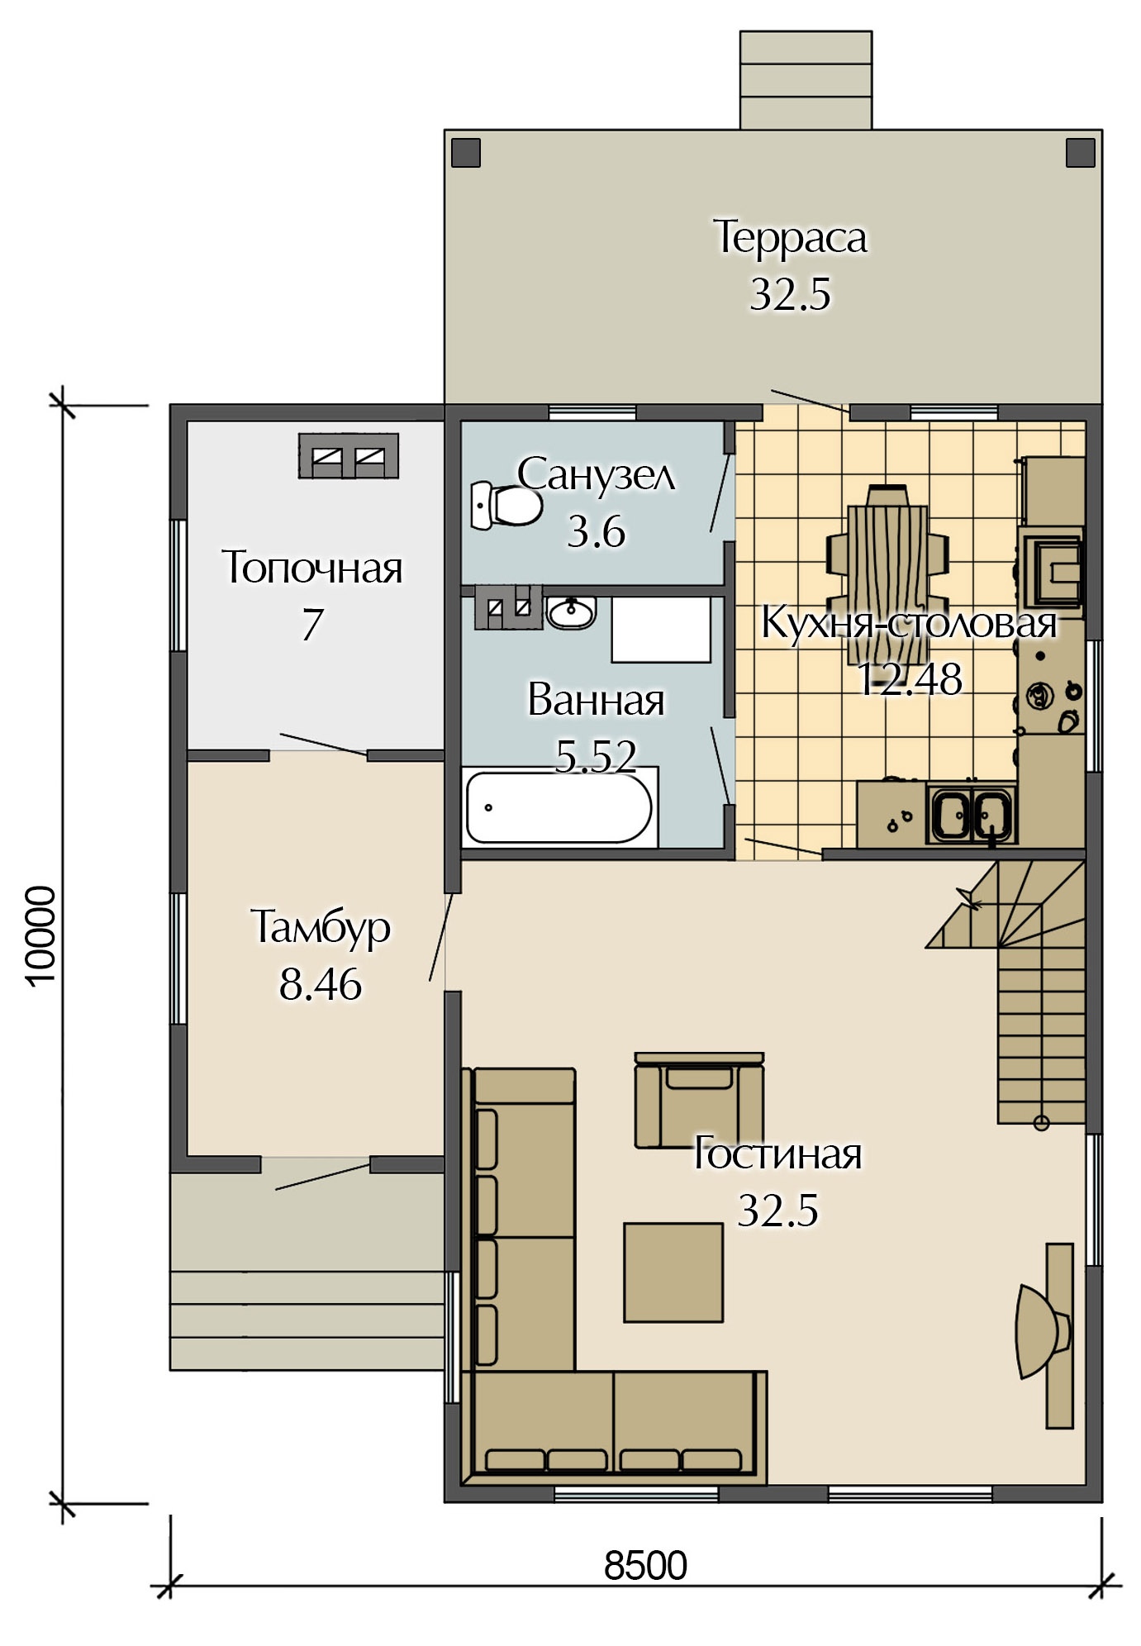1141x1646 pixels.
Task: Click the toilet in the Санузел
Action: tap(506, 506)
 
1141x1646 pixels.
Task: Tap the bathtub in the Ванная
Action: tap(559, 806)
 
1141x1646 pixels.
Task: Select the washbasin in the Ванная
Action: tap(572, 611)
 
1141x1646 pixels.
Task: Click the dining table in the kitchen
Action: tap(887, 573)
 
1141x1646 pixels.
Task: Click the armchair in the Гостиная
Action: tap(699, 1099)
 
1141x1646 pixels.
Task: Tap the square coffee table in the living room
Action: tap(673, 1273)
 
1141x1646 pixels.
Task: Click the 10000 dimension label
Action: tap(41, 935)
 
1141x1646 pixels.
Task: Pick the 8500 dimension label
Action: tap(645, 1565)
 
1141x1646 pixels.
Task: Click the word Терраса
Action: tap(790, 237)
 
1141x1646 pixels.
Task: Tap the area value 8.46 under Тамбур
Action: tap(321, 984)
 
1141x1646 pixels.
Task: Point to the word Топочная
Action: tap(312, 568)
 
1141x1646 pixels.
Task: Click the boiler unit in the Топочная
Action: tap(348, 455)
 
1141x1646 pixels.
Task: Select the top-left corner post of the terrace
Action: tap(466, 153)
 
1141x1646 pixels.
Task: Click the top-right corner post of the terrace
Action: tap(1080, 153)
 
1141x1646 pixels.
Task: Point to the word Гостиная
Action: tap(777, 1153)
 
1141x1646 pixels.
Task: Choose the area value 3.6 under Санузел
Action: tap(596, 531)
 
